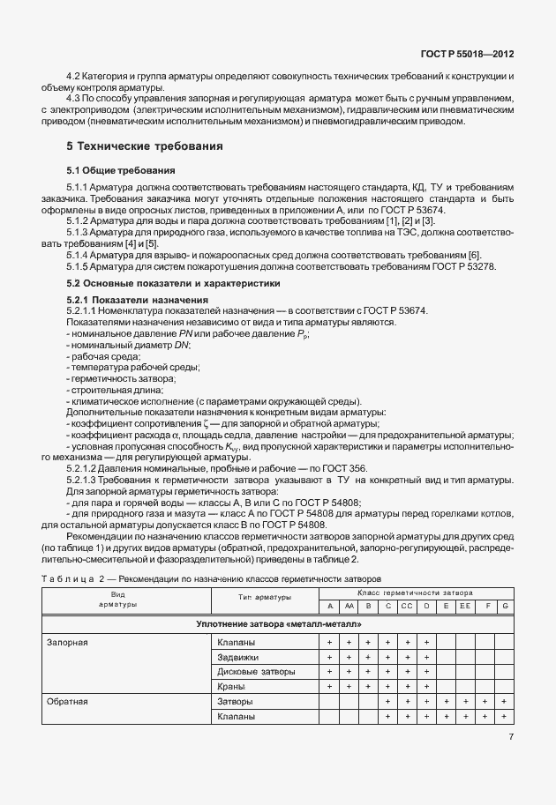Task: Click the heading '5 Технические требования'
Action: click(145, 145)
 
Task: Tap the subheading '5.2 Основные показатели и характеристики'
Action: click(174, 284)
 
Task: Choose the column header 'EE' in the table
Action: click(464, 607)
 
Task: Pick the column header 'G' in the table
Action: click(505, 607)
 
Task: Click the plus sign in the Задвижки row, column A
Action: click(329, 658)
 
